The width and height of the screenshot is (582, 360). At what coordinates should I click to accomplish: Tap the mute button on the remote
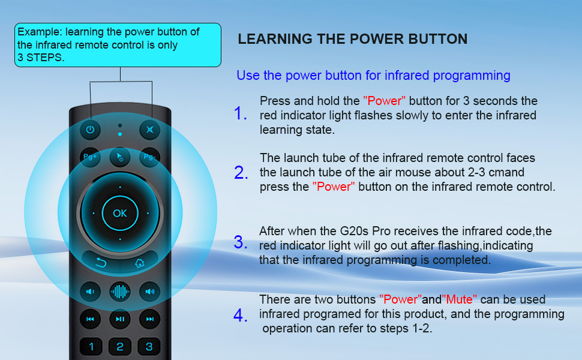[149, 129]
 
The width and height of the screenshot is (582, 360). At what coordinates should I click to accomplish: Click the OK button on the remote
[120, 213]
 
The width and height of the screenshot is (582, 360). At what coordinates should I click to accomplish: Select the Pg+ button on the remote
[91, 157]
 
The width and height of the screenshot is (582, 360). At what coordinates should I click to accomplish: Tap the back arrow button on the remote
[101, 262]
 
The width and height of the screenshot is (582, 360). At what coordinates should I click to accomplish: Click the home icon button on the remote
[139, 262]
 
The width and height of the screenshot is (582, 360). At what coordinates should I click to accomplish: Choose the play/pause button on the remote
[120, 319]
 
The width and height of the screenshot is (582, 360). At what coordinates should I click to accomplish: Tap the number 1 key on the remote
[91, 346]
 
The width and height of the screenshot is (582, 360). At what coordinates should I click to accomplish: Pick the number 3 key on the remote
[149, 346]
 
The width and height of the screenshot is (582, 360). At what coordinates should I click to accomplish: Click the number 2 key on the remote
[120, 346]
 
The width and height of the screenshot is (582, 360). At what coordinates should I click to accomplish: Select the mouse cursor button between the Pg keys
[120, 157]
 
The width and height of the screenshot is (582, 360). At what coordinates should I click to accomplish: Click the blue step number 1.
[240, 113]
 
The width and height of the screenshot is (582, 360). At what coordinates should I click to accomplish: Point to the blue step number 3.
[240, 243]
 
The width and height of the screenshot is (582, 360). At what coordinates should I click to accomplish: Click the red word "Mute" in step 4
[460, 299]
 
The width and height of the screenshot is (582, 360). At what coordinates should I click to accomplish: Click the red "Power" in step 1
[385, 101]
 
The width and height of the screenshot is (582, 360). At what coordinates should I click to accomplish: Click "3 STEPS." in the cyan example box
[40, 58]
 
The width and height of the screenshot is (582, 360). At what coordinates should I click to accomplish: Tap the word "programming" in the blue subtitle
[473, 76]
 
